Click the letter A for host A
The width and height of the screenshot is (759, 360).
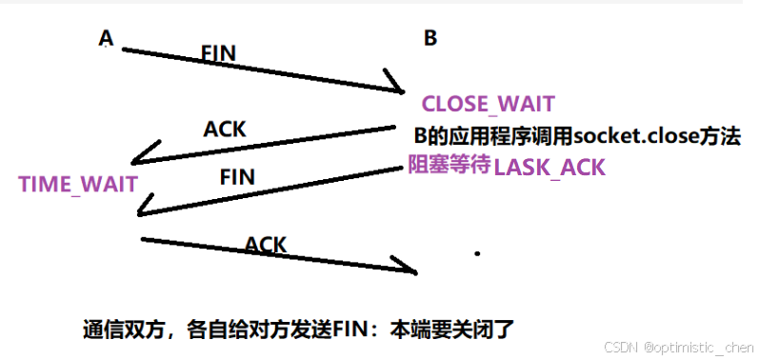click(x=106, y=37)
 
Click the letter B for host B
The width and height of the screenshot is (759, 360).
click(x=430, y=38)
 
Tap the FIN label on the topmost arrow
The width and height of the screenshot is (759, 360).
click(x=219, y=52)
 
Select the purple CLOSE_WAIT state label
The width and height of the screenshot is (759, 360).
click(x=488, y=104)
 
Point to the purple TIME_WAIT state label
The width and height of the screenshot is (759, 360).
click(x=78, y=184)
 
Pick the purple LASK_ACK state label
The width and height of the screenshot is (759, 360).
click(x=549, y=168)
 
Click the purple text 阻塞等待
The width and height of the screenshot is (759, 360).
click(x=449, y=166)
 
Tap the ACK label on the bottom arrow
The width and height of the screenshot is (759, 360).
click(x=266, y=245)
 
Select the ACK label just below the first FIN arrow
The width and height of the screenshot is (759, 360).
click(x=226, y=129)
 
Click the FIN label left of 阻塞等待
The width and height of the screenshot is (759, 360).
click(x=237, y=177)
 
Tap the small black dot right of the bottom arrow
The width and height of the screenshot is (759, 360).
click(x=477, y=254)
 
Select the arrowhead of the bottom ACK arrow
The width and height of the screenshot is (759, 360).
click(x=410, y=269)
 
